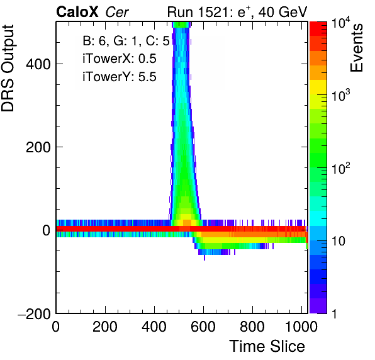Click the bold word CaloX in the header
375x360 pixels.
[77, 12]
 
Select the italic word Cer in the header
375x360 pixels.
[117, 12]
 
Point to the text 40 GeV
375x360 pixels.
[283, 12]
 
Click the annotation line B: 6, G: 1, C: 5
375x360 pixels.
[126, 41]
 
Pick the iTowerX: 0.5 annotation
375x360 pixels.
[120, 59]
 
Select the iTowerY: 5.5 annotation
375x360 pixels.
[120, 77]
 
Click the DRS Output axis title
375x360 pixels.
[8, 68]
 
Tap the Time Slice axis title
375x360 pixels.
[267, 346]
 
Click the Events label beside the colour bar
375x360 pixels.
[357, 48]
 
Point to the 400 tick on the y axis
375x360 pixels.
[38, 64]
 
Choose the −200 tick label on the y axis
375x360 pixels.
[34, 313]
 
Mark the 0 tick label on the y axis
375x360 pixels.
[47, 230]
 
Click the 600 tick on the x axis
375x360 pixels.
[203, 327]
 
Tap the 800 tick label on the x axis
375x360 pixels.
[252, 327]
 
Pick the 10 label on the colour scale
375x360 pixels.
[339, 242]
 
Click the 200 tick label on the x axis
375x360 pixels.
[105, 327]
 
